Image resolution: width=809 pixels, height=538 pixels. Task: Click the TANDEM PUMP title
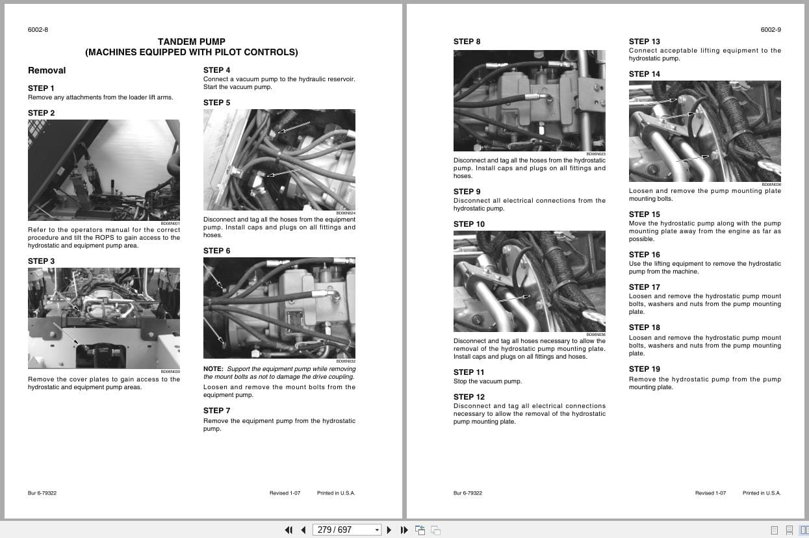tap(191, 42)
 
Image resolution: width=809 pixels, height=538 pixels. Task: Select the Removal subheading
tap(47, 70)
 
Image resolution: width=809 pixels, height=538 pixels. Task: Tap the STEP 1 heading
tap(41, 88)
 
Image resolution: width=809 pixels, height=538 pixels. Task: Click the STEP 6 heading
tap(216, 251)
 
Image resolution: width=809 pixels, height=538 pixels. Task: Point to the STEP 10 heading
tap(469, 224)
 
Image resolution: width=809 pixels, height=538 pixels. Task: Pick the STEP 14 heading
tap(644, 74)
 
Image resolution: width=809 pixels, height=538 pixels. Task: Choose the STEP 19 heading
tap(644, 369)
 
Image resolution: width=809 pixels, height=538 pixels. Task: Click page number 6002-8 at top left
tap(38, 30)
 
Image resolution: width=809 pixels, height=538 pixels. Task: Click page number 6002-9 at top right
tap(771, 30)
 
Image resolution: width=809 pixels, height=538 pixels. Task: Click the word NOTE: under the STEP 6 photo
tap(213, 369)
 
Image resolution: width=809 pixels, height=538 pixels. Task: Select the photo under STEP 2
tap(103, 170)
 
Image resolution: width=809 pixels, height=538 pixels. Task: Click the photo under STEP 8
tap(529, 101)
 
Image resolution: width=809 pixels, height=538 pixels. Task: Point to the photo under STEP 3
tap(103, 318)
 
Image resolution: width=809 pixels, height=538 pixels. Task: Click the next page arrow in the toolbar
tap(389, 530)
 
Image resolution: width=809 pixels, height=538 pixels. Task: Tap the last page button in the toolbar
tap(404, 530)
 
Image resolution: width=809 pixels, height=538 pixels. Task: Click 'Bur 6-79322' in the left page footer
tap(42, 493)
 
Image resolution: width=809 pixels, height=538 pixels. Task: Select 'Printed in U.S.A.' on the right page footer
tap(762, 493)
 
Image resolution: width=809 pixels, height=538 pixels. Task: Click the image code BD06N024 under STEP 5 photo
tap(346, 213)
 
